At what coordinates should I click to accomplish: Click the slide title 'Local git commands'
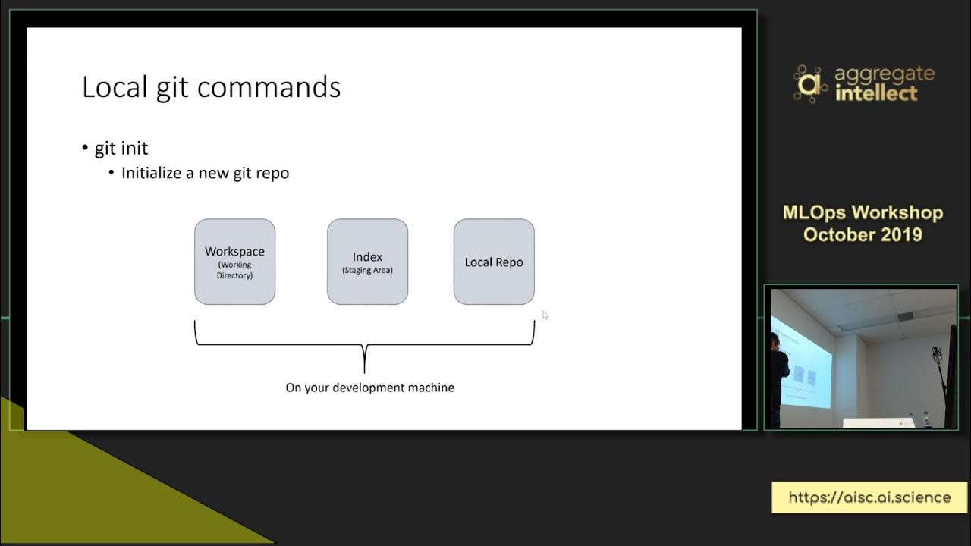point(211,88)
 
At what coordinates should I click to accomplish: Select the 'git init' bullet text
point(121,148)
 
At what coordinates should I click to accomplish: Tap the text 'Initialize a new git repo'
point(205,173)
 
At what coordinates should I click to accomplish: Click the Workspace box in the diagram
point(234,262)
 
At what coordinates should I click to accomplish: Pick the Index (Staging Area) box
point(367,262)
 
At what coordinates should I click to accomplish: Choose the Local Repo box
point(494,262)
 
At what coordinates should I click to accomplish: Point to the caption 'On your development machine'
point(369,388)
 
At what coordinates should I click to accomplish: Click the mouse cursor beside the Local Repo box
point(545,315)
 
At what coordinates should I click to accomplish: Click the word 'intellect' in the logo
point(876,94)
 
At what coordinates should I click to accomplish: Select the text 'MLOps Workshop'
point(863,213)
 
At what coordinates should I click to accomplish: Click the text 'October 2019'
point(863,234)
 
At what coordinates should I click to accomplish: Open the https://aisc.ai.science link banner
point(869,497)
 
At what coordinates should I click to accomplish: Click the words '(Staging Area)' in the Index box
point(367,270)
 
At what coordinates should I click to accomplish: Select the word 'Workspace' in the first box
point(234,252)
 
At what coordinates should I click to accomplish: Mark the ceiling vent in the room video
point(906,316)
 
